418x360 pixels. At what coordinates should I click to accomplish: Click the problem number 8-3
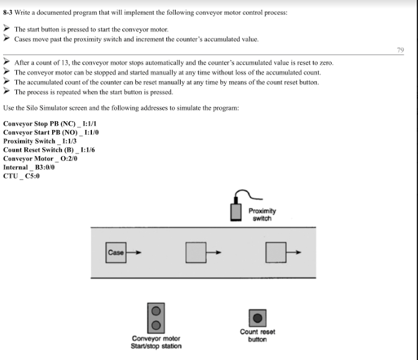pos(10,12)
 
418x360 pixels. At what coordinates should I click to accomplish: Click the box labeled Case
pos(116,252)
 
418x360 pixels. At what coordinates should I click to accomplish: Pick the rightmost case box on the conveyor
pos(276,252)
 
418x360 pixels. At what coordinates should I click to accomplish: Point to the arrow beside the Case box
pos(135,252)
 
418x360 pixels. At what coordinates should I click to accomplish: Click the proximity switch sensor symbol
pos(235,209)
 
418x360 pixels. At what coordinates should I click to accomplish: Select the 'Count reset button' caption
pos(257,335)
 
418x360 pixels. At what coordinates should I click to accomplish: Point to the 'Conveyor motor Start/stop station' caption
pos(157,342)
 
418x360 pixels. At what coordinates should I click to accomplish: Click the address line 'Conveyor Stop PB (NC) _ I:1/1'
pos(49,124)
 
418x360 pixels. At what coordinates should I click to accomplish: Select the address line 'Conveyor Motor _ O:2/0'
pos(40,159)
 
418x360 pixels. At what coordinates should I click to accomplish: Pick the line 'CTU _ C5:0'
pos(21,176)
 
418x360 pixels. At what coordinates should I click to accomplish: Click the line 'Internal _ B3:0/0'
pos(29,167)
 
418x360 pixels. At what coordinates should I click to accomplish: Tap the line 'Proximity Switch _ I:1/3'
pos(40,141)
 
